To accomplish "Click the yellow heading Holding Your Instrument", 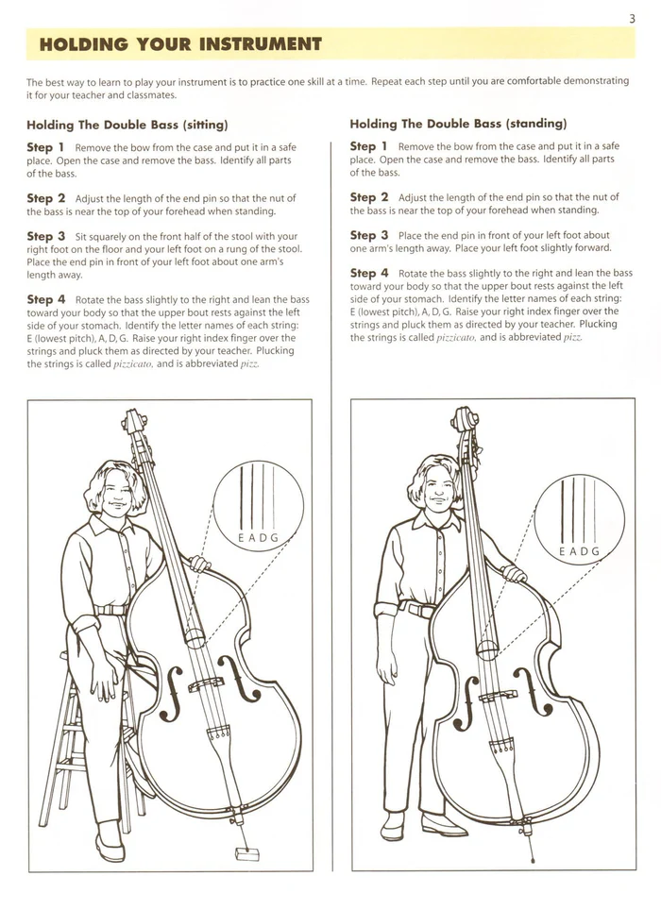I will pos(180,44).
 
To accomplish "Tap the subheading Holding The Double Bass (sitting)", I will pos(127,124).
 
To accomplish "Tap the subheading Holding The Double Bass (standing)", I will pos(458,123).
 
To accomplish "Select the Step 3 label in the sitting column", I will pos(45,236).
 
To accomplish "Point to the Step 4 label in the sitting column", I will pos(45,299).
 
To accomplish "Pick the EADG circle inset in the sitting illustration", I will pos(258,506).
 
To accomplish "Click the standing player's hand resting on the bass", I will pos(513,572).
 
